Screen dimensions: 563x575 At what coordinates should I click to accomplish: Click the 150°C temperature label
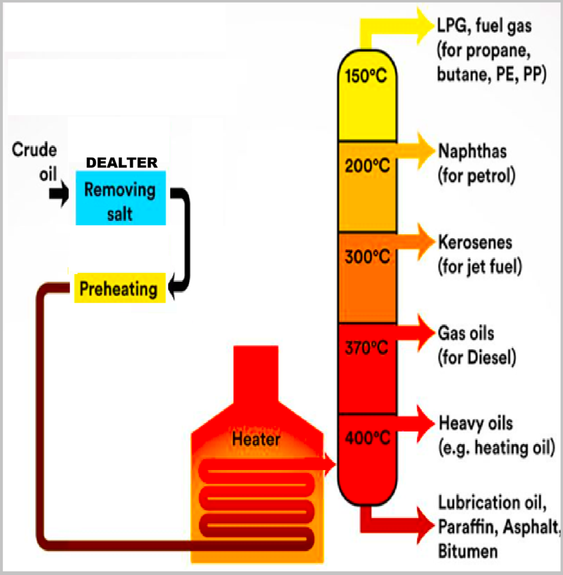(x=366, y=76)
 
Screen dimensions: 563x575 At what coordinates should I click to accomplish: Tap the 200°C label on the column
(x=367, y=166)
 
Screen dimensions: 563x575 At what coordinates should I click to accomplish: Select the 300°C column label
(x=367, y=257)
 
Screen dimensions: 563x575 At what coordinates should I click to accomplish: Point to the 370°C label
(x=366, y=348)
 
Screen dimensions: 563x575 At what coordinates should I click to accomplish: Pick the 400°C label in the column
(x=367, y=438)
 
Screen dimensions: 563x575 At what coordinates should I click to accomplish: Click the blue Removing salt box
(x=121, y=198)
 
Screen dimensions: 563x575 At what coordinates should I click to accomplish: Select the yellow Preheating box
(x=120, y=288)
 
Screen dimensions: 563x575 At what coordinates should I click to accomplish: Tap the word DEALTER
(x=122, y=162)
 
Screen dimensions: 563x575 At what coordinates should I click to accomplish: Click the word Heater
(x=256, y=439)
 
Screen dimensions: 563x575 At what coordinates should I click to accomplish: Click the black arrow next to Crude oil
(x=59, y=193)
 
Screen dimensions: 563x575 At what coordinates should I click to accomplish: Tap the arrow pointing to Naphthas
(x=416, y=150)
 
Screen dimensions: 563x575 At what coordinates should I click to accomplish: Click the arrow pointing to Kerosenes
(x=416, y=241)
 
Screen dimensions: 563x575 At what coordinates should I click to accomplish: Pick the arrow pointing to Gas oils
(x=416, y=332)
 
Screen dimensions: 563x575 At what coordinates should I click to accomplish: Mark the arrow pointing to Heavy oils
(x=416, y=423)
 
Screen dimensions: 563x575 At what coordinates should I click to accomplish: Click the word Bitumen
(x=468, y=551)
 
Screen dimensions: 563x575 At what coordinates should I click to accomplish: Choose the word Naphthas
(x=473, y=151)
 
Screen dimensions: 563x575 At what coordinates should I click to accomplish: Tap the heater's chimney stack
(x=256, y=373)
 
